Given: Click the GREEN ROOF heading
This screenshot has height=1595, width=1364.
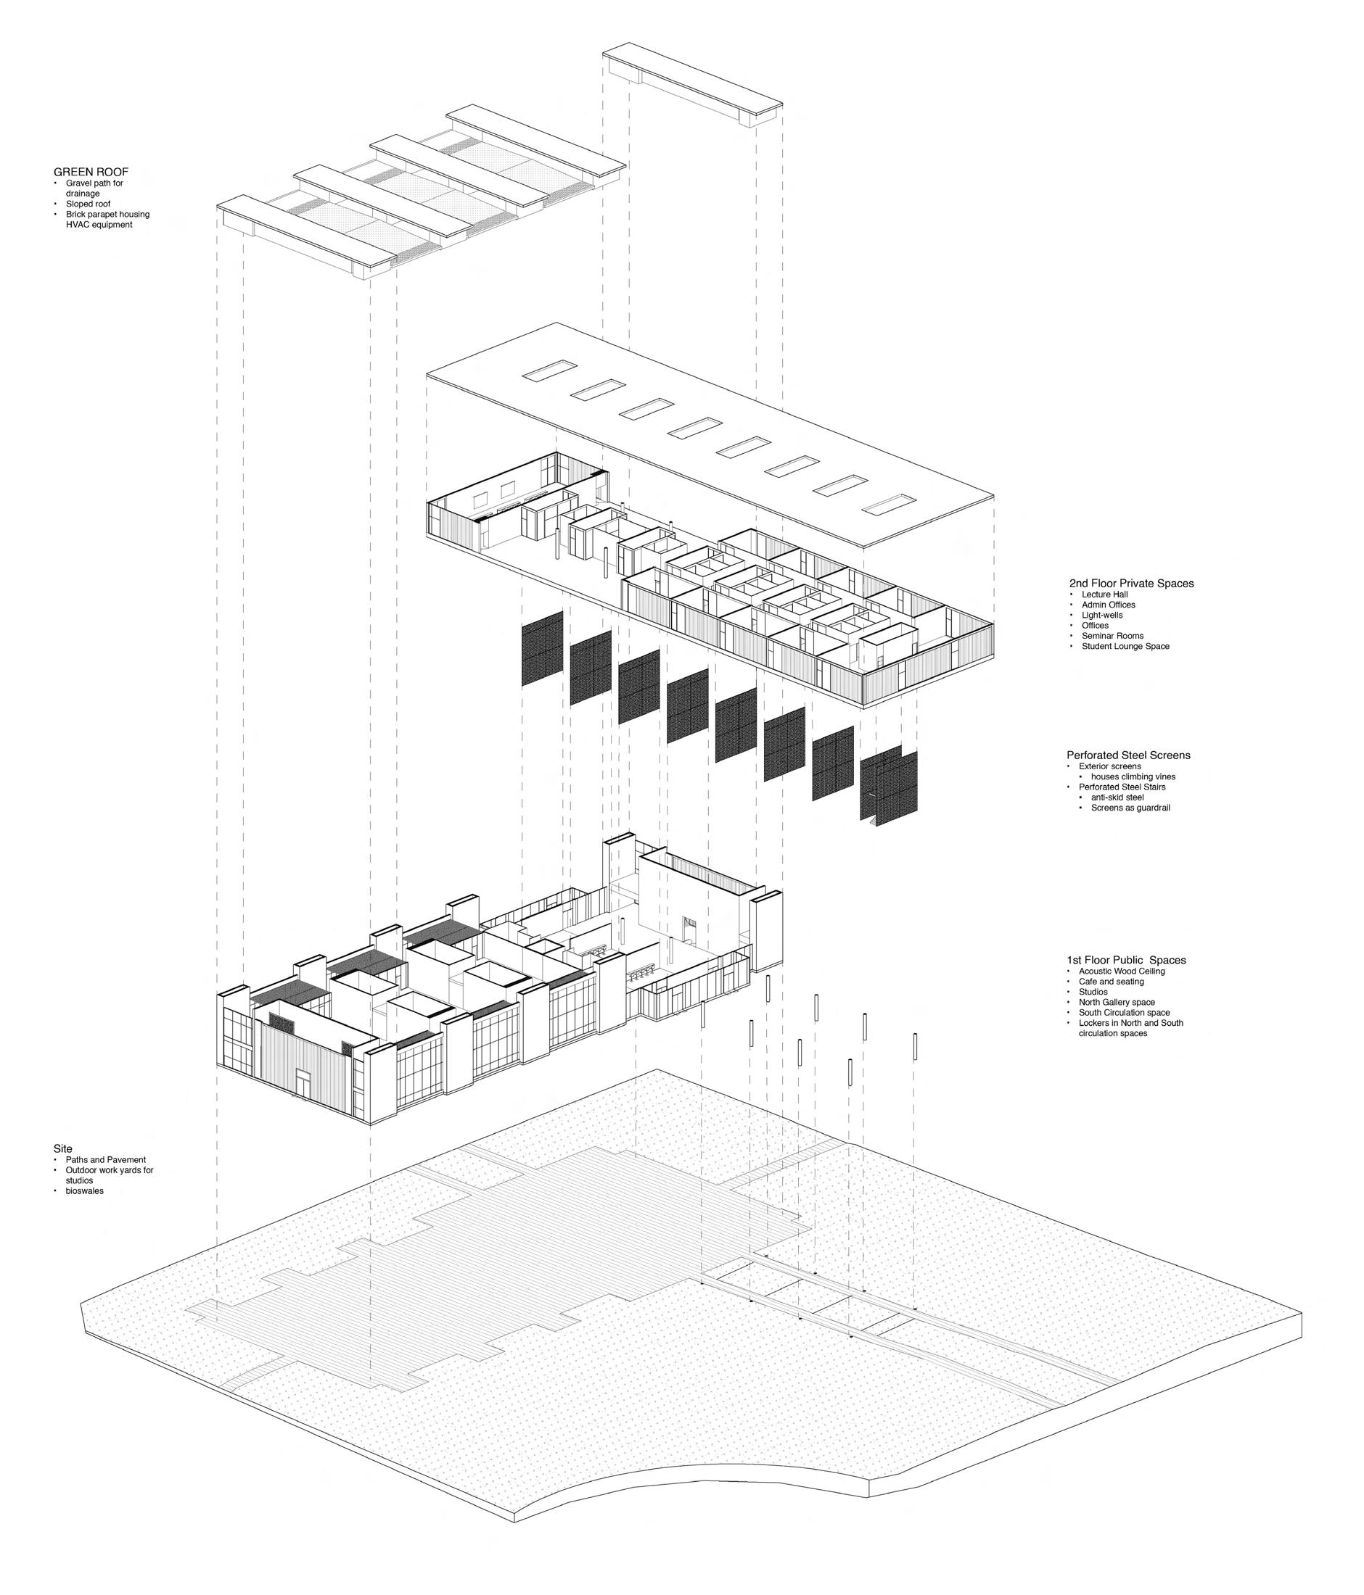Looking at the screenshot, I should click(90, 172).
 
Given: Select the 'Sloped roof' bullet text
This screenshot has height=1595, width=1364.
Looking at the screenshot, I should click(88, 204).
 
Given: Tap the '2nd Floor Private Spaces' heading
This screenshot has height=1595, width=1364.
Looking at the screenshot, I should click(1130, 584).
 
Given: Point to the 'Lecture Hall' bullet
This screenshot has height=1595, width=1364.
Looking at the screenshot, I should click(1104, 595).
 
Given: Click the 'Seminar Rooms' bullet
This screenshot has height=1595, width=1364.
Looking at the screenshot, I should click(1112, 636).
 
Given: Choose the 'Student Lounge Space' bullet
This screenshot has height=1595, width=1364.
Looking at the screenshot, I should click(1125, 647).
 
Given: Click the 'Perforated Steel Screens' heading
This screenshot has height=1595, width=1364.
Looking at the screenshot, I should click(1127, 755).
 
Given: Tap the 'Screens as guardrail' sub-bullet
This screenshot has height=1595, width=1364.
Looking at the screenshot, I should click(1130, 808).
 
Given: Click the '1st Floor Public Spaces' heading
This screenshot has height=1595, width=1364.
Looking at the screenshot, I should click(1125, 960).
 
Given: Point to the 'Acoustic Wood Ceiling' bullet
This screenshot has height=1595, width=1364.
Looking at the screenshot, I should click(1122, 971).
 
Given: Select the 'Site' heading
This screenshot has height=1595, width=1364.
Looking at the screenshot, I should click(63, 1148).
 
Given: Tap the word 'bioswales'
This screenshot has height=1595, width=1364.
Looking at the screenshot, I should click(85, 1191).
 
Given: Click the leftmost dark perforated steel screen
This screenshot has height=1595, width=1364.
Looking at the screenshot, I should click(542, 649).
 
